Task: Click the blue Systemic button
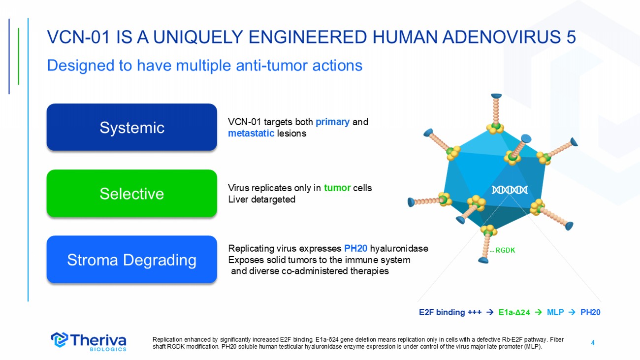pos(131,128)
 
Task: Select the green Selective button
pos(131,194)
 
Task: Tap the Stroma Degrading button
pos(131,260)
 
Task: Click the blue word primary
pos(333,122)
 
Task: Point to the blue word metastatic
pos(251,133)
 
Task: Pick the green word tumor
pos(337,188)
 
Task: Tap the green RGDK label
pos(505,250)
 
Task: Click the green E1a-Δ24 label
pos(514,312)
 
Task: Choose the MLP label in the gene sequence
pos(555,312)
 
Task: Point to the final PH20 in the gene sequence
pos(590,312)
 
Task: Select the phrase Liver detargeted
pos(261,199)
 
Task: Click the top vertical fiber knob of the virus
pos(497,96)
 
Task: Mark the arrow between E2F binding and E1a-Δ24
pos(489,312)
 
